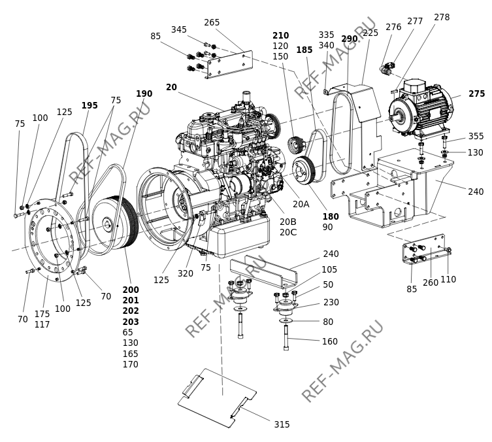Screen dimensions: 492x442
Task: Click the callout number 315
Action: click(282, 424)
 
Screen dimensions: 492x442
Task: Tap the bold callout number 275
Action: click(476, 94)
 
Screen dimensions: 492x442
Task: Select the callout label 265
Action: click(212, 23)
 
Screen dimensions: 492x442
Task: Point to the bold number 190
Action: click(144, 93)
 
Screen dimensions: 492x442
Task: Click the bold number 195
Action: click(90, 105)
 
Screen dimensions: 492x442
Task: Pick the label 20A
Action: click(301, 205)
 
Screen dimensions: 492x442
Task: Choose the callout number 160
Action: click(330, 341)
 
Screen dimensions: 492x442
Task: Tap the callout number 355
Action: click(476, 136)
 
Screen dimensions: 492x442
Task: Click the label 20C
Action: click(288, 232)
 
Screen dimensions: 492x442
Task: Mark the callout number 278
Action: click(442, 17)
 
